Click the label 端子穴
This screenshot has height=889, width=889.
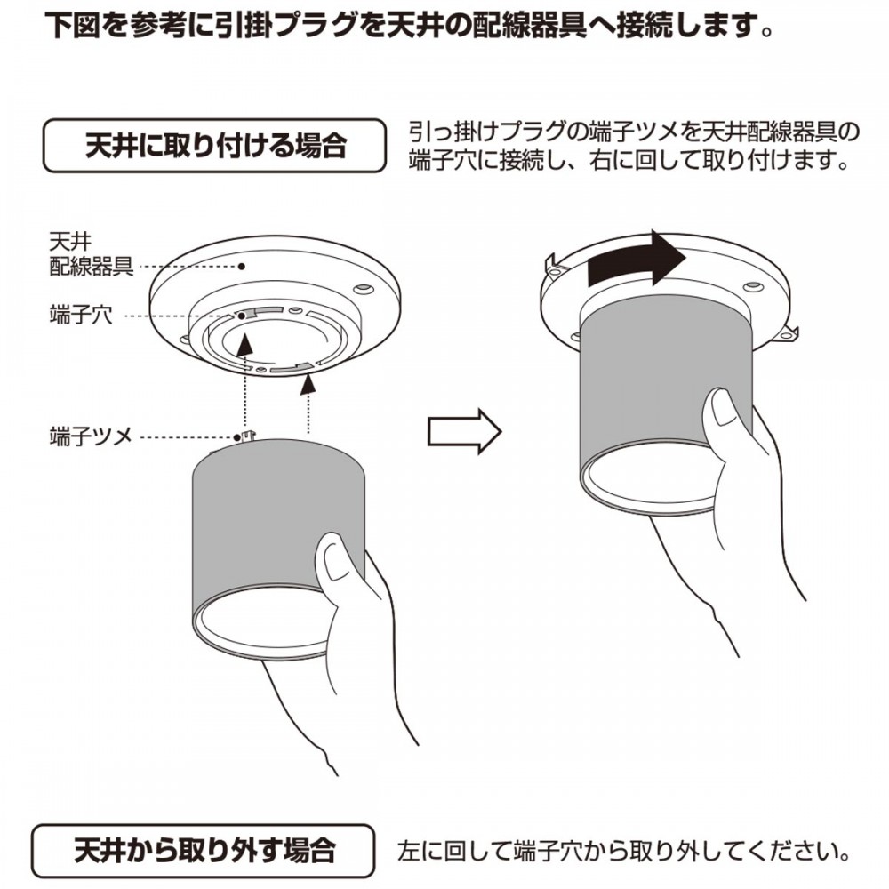pos(81,315)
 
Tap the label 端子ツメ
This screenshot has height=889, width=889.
pos(91,436)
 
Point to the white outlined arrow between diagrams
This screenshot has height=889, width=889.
pos(464,431)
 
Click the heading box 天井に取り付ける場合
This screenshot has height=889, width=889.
pos(214,146)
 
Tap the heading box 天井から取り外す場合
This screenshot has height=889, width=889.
pos(204,851)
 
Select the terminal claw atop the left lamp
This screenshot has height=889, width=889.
pos(248,437)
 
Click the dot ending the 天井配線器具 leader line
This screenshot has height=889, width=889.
pos(242,266)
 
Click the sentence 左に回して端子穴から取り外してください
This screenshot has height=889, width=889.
pos(623,851)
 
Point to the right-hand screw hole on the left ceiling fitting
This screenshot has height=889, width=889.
pos(364,289)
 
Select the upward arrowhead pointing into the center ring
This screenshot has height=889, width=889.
pos(244,344)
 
